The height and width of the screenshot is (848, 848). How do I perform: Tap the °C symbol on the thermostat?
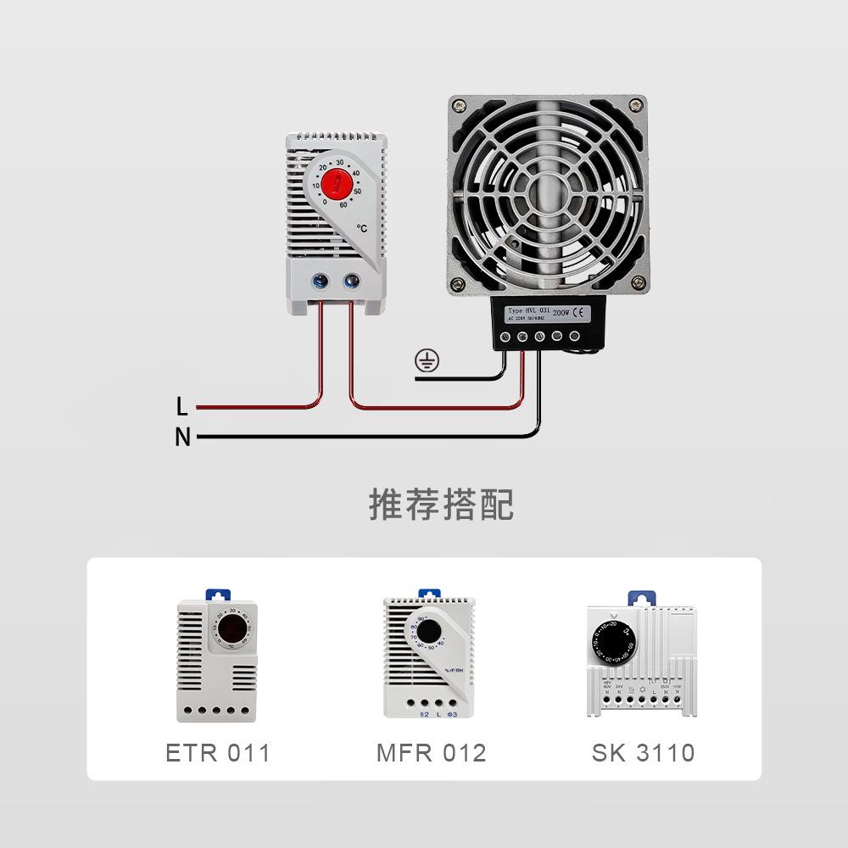[x=362, y=228]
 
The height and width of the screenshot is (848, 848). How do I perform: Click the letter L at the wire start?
[x=181, y=407]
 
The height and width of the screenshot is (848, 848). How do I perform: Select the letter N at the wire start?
[x=182, y=438]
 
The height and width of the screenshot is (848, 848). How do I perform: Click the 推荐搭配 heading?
[x=441, y=504]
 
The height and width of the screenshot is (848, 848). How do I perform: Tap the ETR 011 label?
[x=218, y=752]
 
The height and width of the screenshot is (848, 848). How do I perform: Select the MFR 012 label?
[x=431, y=752]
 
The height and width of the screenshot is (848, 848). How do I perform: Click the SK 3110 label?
[x=644, y=752]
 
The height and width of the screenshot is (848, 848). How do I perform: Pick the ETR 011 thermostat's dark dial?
[x=231, y=632]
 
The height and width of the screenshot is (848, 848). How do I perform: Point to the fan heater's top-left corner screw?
[x=460, y=107]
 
